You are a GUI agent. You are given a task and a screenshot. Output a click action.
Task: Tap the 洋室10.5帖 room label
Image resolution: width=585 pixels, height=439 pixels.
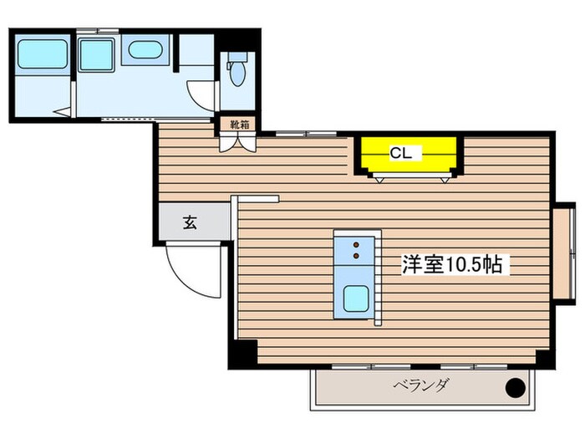click(x=452, y=266)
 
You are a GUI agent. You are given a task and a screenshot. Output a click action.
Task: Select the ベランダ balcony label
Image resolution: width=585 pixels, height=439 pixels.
click(x=421, y=385)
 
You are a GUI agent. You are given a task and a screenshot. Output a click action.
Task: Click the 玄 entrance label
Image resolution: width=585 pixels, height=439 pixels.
click(x=191, y=223)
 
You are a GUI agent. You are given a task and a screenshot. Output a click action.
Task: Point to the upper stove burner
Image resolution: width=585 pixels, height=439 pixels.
click(x=357, y=245)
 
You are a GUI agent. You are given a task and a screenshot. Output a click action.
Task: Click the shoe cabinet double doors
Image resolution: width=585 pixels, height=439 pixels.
click(x=238, y=141)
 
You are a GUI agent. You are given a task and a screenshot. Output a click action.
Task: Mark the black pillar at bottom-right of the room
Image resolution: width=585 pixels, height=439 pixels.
click(x=544, y=356)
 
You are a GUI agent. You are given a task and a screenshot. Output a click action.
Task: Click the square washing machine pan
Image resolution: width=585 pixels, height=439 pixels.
click(x=96, y=55)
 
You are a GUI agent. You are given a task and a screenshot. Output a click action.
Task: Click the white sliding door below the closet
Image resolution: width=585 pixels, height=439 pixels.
click(x=415, y=176)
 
